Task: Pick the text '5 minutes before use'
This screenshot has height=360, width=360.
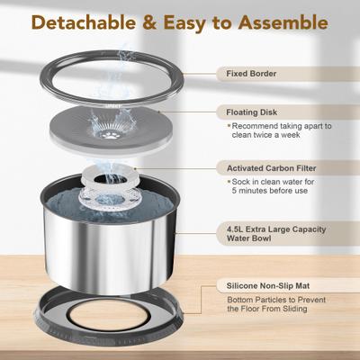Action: (x=267, y=191)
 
